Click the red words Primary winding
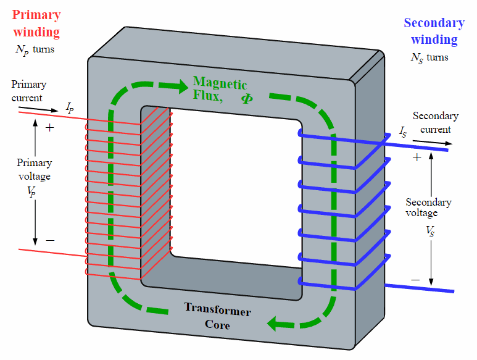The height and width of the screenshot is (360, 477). point(36,23)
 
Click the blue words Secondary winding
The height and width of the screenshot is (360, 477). point(434,31)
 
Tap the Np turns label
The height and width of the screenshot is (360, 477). point(35,50)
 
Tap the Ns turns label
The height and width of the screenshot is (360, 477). point(429,58)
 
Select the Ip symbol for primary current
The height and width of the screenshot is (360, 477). point(70,107)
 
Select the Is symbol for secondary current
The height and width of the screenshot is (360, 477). point(403,132)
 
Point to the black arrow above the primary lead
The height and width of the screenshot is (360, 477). point(38,109)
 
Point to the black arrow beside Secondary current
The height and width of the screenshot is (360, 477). point(433,143)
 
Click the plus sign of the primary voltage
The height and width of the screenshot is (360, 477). point(49,127)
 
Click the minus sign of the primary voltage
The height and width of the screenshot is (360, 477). point(50,240)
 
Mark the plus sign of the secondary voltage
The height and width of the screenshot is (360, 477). point(417,157)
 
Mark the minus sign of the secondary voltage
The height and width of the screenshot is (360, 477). point(415,280)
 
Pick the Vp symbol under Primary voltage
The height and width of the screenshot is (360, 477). point(31,192)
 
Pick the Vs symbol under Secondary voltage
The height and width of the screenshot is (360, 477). point(430,232)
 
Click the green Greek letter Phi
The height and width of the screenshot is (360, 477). point(247,98)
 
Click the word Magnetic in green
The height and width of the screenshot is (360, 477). point(220,83)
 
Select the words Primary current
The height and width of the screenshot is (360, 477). point(28,91)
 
